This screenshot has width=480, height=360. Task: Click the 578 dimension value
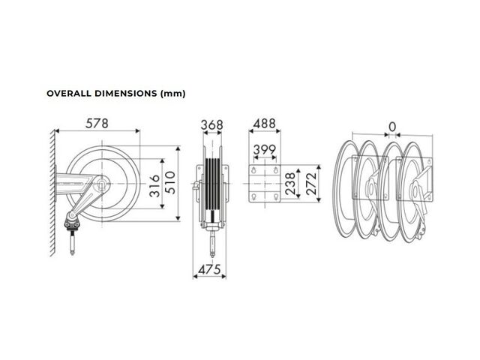pyautogui.click(x=97, y=123)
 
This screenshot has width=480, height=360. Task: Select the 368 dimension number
pyautogui.click(x=211, y=125)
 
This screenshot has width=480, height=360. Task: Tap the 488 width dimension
pyautogui.click(x=265, y=124)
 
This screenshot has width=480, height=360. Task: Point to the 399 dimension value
pyautogui.click(x=265, y=149)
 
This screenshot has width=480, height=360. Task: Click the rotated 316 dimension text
pyautogui.click(x=155, y=185)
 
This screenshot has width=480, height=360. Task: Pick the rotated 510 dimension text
pyautogui.click(x=170, y=182)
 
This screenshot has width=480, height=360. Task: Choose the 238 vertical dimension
pyautogui.click(x=290, y=184)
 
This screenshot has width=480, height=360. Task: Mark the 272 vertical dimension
pyautogui.click(x=311, y=184)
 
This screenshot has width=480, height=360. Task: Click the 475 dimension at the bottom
pyautogui.click(x=209, y=269)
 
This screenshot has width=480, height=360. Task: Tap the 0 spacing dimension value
pyautogui.click(x=392, y=127)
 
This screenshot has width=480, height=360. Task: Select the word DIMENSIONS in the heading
pyautogui.click(x=125, y=93)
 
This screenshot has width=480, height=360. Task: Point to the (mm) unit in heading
pyautogui.click(x=172, y=94)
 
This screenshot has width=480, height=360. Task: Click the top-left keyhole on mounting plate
pyautogui.click(x=253, y=170)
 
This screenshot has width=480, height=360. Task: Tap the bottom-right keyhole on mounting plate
pyautogui.click(x=276, y=196)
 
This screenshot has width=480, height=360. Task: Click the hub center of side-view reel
pyautogui.click(x=101, y=184)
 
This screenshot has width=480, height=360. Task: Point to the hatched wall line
pyautogui.click(x=52, y=193)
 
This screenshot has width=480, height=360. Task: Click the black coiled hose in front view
pyautogui.click(x=212, y=184)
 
